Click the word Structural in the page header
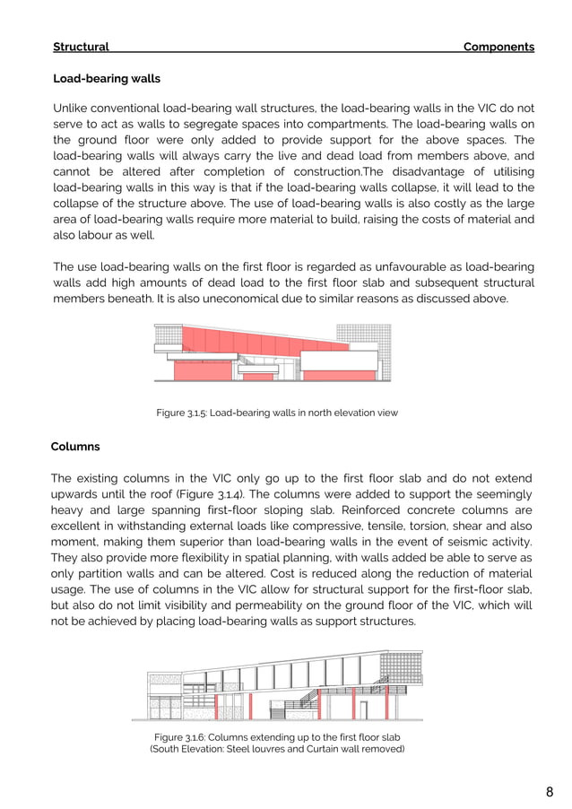tap(81, 47)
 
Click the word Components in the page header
tap(498, 47)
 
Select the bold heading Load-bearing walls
tap(107, 79)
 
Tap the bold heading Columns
tap(75, 447)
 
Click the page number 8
tap(549, 792)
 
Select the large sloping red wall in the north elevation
tap(260, 339)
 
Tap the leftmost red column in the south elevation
tap(216, 707)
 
